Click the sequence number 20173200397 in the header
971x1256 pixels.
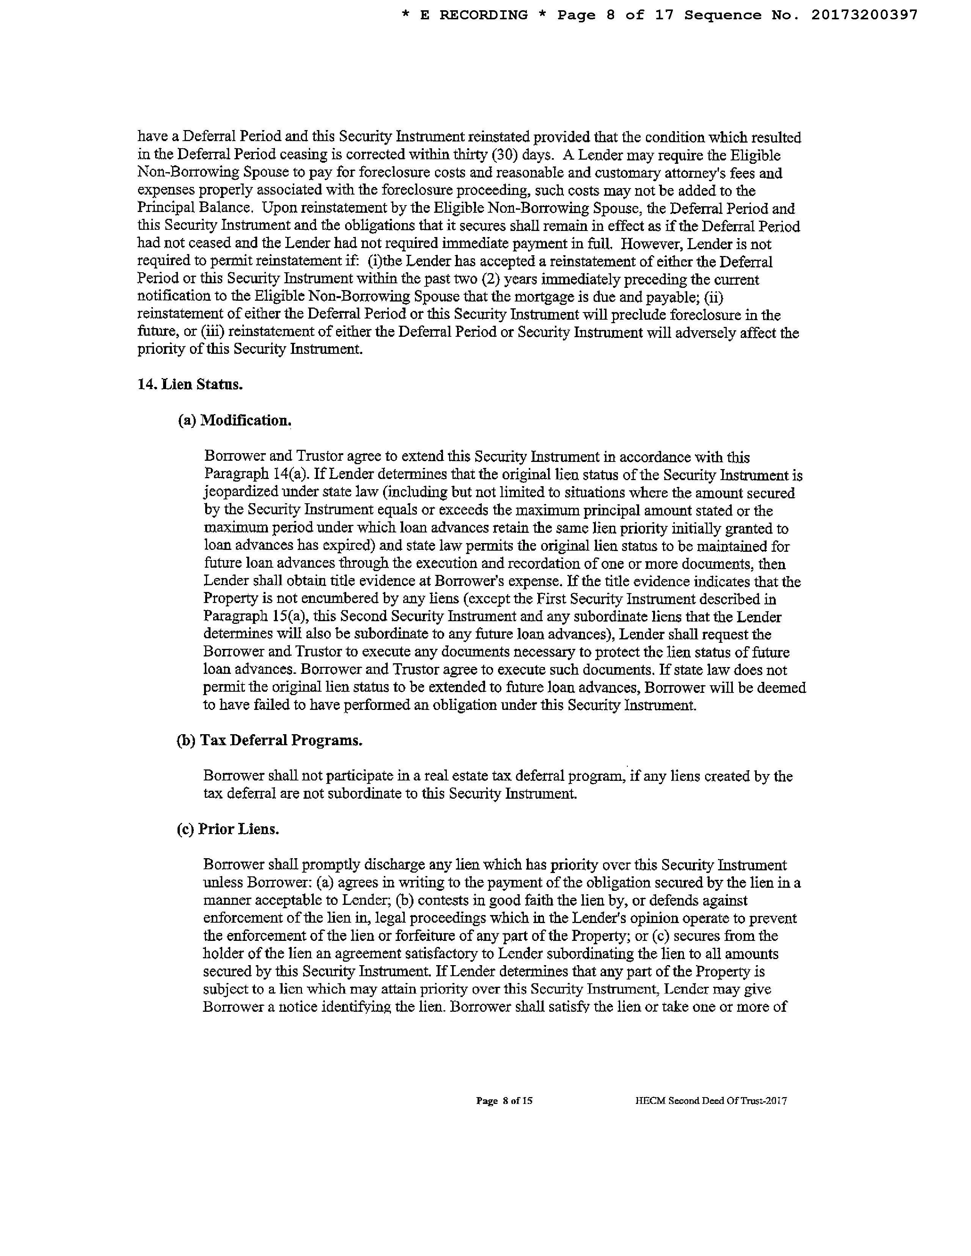[864, 16]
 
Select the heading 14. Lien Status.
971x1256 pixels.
[190, 385]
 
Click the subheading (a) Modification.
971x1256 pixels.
[235, 421]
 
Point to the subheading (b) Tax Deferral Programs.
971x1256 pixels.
[269, 740]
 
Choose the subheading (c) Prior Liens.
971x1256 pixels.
[228, 829]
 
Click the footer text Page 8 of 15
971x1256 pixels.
[504, 1101]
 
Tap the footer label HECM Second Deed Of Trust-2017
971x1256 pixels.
[711, 1101]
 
